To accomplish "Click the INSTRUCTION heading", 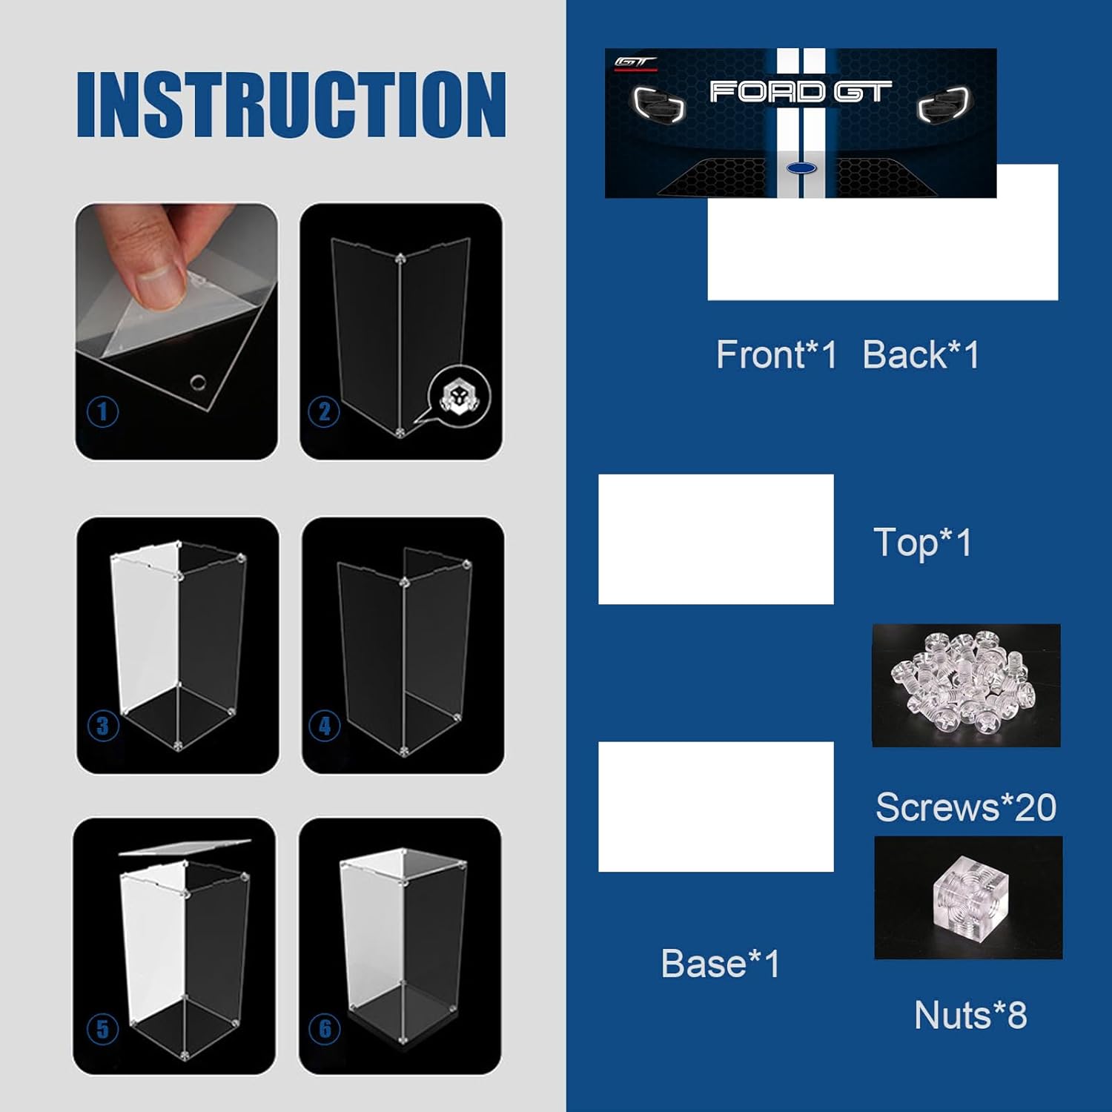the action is click(x=291, y=105).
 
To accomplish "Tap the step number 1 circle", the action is click(x=103, y=411).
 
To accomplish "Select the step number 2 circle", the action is click(x=324, y=411).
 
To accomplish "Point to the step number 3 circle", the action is click(x=103, y=726).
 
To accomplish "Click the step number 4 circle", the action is click(x=325, y=726).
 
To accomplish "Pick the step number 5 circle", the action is click(x=103, y=1028).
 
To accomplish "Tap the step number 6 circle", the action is click(x=325, y=1028).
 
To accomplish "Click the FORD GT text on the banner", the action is click(x=801, y=92).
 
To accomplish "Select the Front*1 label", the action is click(x=776, y=354).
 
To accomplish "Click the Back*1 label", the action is click(x=921, y=354).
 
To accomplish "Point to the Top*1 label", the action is click(x=922, y=543).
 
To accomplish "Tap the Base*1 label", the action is click(x=720, y=964).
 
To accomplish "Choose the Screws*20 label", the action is click(x=966, y=807).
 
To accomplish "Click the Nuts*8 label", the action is click(x=970, y=1015).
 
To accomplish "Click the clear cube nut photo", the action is click(x=968, y=898).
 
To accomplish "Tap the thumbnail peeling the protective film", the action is click(x=176, y=331).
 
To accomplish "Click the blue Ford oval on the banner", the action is click(x=801, y=168).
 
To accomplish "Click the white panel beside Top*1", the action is click(x=716, y=539).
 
